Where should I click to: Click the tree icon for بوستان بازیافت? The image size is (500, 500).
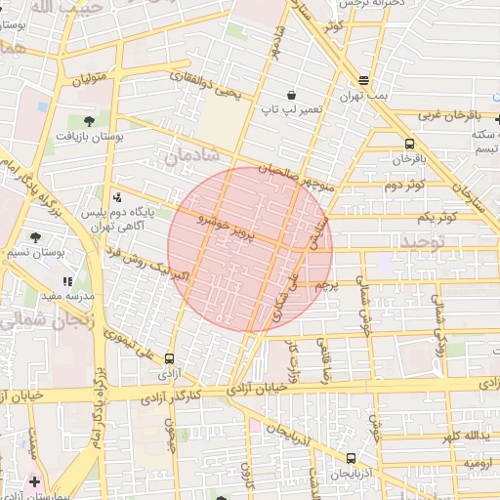pos(90,121)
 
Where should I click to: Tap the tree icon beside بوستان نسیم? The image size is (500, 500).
pos(36,237)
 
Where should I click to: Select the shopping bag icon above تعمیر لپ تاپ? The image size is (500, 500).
pos(265,95)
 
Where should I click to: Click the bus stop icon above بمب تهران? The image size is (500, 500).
pos(364,81)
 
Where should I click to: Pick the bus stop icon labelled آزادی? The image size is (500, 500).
pos(171,359)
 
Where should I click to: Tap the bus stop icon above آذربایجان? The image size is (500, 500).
pos(351,458)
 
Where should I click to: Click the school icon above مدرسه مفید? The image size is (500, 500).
pos(67,281)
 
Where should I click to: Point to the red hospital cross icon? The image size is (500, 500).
pos(35,482)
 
